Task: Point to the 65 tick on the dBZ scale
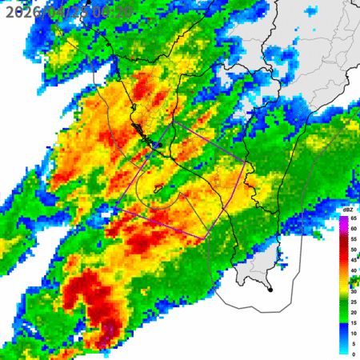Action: [x=353, y=218]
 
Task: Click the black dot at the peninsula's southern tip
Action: [x=270, y=290]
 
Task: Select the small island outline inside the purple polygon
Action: [x=158, y=189]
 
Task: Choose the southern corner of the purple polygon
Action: [x=206, y=237]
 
